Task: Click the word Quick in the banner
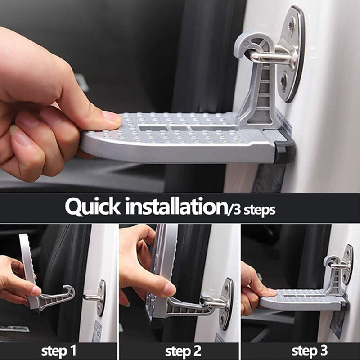click(92, 207)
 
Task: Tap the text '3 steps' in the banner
click(252, 209)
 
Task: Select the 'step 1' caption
click(58, 350)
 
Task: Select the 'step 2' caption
click(180, 350)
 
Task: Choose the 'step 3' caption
click(301, 350)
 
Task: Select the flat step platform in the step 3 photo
click(297, 299)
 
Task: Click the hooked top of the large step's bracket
click(252, 43)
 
